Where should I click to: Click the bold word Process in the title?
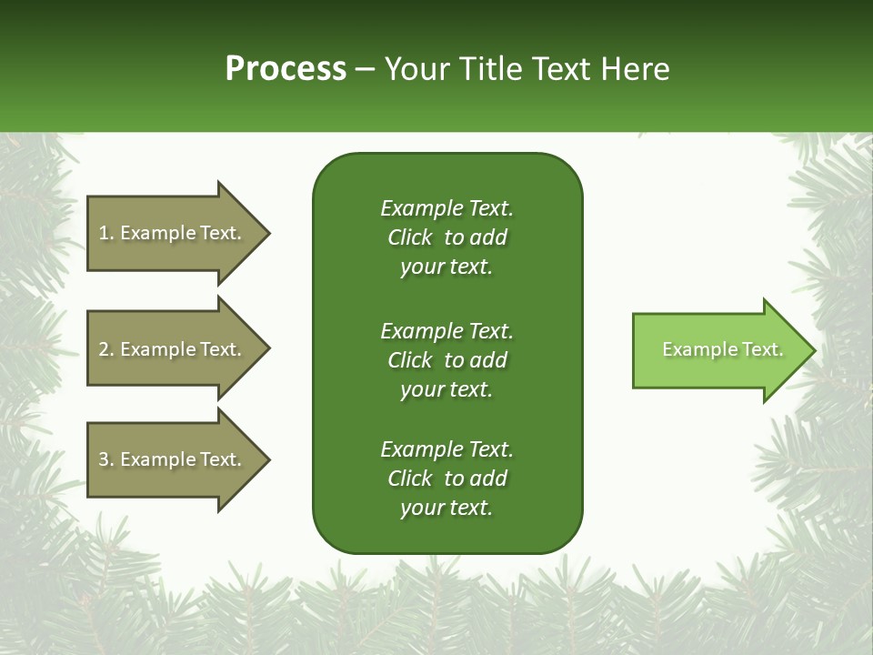pyautogui.click(x=286, y=69)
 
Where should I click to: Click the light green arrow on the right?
pyautogui.click(x=718, y=350)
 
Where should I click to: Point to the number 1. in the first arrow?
pyautogui.click(x=106, y=233)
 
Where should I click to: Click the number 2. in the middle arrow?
pyautogui.click(x=106, y=349)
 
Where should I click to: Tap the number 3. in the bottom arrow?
pyautogui.click(x=106, y=459)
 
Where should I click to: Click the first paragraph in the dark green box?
pyautogui.click(x=447, y=237)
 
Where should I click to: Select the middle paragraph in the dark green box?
pyautogui.click(x=447, y=360)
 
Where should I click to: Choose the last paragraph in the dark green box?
pyautogui.click(x=447, y=479)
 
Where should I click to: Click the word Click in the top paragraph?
pyautogui.click(x=410, y=237)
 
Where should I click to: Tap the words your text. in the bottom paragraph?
pyautogui.click(x=447, y=508)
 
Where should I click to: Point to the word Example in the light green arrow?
pyautogui.click(x=692, y=349)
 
